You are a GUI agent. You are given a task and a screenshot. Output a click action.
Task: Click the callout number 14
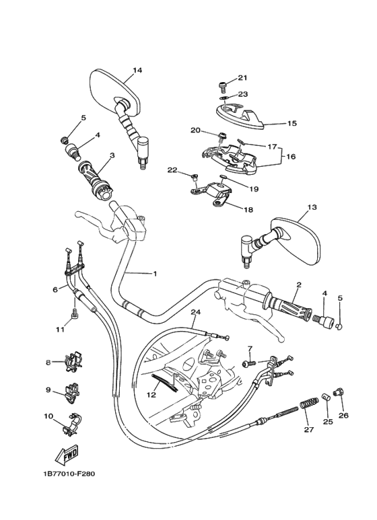pyautogui.click(x=137, y=71)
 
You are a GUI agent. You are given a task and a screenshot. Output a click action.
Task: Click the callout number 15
pyautogui.click(x=292, y=124)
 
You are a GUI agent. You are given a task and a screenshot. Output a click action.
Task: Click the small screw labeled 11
pyautogui.click(x=75, y=313)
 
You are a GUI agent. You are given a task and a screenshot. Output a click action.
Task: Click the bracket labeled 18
pyautogui.click(x=220, y=198)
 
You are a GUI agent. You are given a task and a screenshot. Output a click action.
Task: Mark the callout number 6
pyautogui.click(x=55, y=290)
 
